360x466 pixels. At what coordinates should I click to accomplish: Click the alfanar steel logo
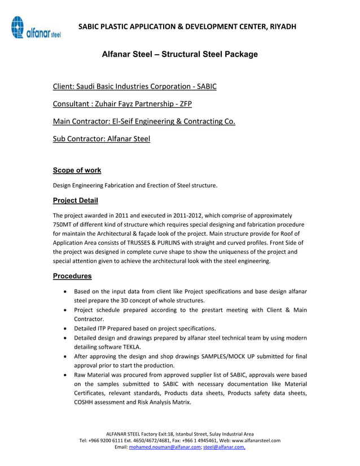pos(35,28)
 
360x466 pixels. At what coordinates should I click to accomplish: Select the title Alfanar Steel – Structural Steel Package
pos(179,54)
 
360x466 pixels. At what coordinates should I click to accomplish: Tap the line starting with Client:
pos(134,86)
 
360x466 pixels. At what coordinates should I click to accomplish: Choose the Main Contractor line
pos(144,121)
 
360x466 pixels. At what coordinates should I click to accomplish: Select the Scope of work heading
pos(77,170)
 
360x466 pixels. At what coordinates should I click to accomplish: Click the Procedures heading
pos(72,276)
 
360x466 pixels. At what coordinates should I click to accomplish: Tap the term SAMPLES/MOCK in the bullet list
pos(218,357)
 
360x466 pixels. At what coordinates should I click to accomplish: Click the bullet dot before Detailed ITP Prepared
pos(68,328)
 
